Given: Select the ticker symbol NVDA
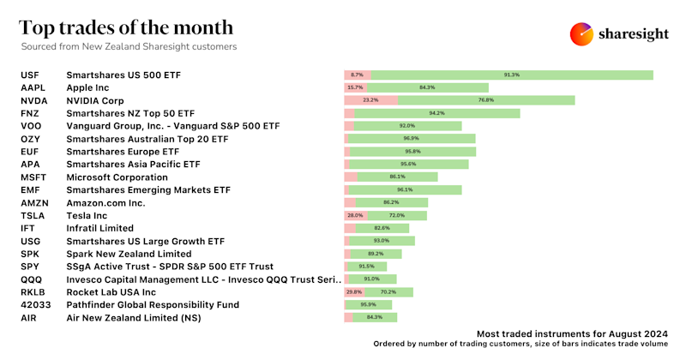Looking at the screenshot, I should coord(34,100).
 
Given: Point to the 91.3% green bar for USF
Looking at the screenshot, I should coord(512,75).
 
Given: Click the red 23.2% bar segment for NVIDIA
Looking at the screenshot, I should coord(370,100).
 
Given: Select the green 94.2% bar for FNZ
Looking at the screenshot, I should coord(436,113).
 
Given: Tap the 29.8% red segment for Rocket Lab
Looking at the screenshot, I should coord(353,291).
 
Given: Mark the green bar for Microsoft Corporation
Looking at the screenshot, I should coord(397,177).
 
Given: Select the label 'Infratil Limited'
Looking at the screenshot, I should coord(99,228).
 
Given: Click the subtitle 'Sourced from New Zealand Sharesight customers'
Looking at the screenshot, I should coord(128,46).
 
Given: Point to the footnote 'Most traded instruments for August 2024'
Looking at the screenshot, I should coord(572,333).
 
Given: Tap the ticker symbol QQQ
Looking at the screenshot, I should coord(32,279).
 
